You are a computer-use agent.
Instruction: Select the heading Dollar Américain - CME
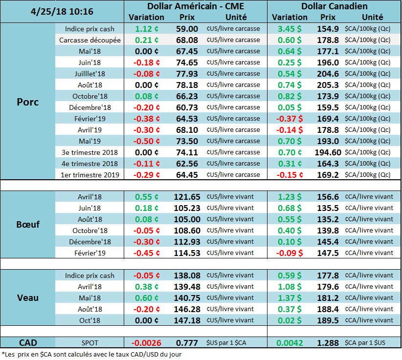(x=195, y=6)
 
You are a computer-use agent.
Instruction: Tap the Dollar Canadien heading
(x=335, y=6)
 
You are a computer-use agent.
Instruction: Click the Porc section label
(x=27, y=102)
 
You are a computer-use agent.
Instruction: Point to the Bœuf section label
(x=27, y=225)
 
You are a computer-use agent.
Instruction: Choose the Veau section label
(x=27, y=297)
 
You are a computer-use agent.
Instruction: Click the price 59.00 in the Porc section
(x=187, y=29)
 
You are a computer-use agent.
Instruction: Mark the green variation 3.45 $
(x=290, y=29)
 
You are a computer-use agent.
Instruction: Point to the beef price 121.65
(x=187, y=197)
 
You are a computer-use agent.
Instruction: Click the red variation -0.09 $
(x=290, y=253)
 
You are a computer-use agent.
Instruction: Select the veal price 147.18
(x=187, y=320)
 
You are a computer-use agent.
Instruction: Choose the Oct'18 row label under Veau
(x=89, y=320)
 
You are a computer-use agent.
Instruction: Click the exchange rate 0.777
(x=187, y=343)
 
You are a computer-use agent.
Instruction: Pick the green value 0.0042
(x=290, y=343)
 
